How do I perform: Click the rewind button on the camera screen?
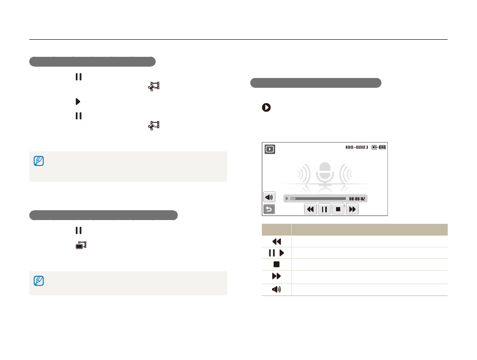click(310, 209)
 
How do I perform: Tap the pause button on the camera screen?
click(324, 209)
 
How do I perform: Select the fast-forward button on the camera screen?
click(352, 209)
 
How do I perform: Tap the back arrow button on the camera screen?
click(269, 209)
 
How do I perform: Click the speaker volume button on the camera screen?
click(269, 197)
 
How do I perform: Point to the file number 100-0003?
click(357, 147)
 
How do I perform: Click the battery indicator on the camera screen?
click(382, 147)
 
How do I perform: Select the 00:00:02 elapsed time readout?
click(357, 199)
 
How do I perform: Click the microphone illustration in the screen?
click(325, 174)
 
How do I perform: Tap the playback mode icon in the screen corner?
click(270, 149)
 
